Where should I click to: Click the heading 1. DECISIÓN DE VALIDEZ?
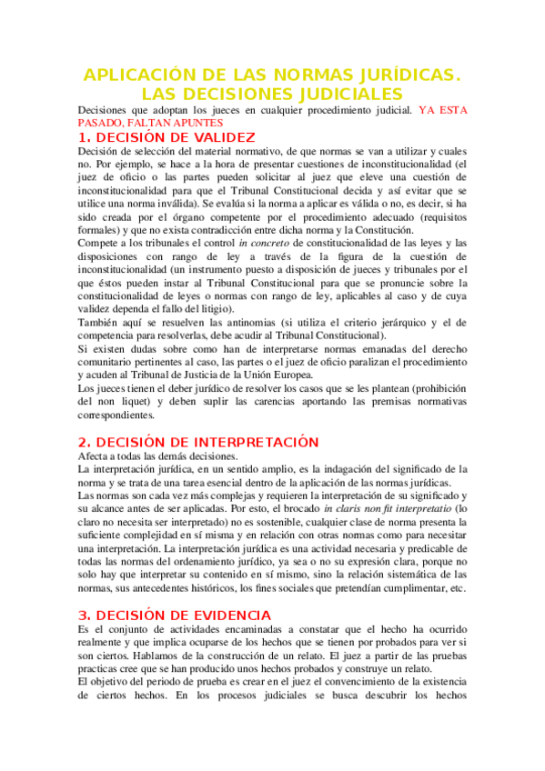pos(167,137)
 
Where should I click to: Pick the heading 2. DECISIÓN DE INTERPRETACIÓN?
pos(198,442)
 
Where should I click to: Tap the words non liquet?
pos(124,400)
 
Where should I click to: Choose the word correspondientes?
pos(123,414)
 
